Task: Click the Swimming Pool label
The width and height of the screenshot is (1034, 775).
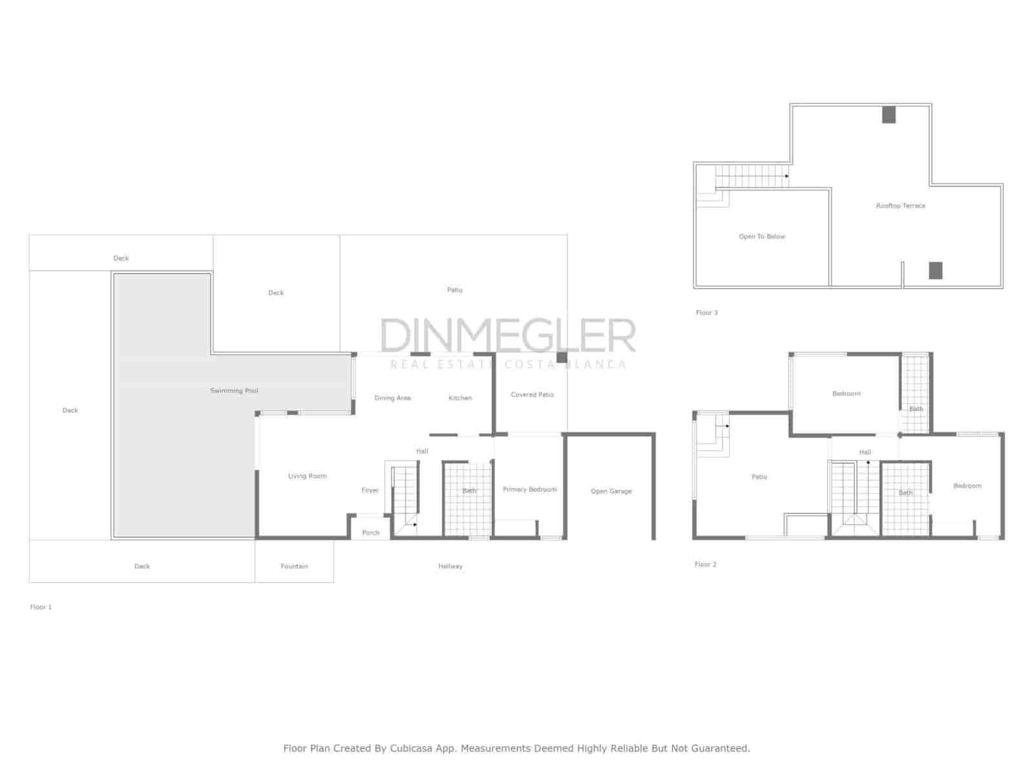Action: click(x=234, y=391)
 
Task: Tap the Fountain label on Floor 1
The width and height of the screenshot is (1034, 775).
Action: click(x=294, y=566)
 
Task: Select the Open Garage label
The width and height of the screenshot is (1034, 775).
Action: click(x=611, y=491)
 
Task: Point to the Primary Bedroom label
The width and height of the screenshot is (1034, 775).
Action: click(x=529, y=490)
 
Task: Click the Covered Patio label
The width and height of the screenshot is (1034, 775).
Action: click(x=532, y=395)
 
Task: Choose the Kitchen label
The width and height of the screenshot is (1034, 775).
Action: click(x=460, y=398)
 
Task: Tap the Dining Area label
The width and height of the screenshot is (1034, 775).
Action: click(x=392, y=398)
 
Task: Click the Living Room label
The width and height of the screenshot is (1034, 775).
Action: click(x=307, y=476)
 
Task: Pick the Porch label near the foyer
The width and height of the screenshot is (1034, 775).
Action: click(x=371, y=533)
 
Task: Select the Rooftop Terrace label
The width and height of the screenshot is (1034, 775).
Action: click(x=900, y=205)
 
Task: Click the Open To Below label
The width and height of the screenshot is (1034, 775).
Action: click(x=762, y=236)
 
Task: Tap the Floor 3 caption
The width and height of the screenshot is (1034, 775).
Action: click(x=706, y=313)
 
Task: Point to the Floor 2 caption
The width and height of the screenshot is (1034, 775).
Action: click(x=705, y=564)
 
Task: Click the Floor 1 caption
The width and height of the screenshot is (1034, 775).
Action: click(x=41, y=607)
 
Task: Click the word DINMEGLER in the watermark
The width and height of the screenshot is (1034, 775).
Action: click(x=508, y=336)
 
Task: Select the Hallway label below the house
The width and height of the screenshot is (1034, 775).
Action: click(x=450, y=566)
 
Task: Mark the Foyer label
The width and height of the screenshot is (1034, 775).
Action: click(x=370, y=490)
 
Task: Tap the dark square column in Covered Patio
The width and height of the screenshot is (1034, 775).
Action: click(x=562, y=357)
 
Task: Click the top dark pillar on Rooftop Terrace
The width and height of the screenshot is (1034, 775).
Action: click(x=889, y=115)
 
